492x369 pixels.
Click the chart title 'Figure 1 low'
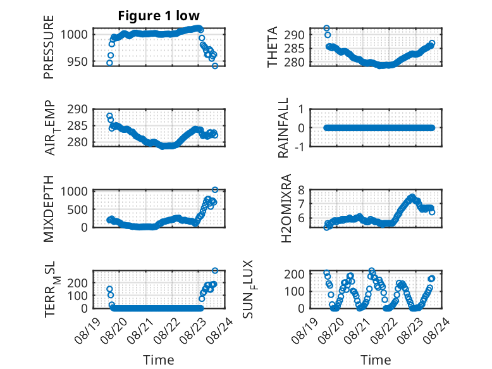[x=159, y=16]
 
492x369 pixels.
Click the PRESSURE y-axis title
[x=49, y=47]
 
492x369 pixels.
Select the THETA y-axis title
[x=273, y=47]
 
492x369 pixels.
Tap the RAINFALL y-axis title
[x=283, y=128]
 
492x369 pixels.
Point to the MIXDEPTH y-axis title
[x=49, y=209]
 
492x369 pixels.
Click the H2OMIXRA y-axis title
[x=286, y=208]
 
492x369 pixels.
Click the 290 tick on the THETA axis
[x=294, y=35]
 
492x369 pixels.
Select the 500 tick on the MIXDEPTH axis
[x=78, y=210]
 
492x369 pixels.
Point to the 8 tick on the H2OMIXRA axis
[x=301, y=190]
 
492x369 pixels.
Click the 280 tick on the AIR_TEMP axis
[x=78, y=142]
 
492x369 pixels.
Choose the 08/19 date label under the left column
[x=87, y=330]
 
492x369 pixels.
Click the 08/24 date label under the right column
[x=437, y=330]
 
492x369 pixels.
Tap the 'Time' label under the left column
[x=159, y=360]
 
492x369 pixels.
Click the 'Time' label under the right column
[x=376, y=360]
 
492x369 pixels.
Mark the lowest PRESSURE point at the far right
[x=215, y=66]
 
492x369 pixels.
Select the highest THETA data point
[x=326, y=28]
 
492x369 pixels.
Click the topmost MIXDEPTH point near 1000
[x=215, y=190]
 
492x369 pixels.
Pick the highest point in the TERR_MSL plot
[x=215, y=270]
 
